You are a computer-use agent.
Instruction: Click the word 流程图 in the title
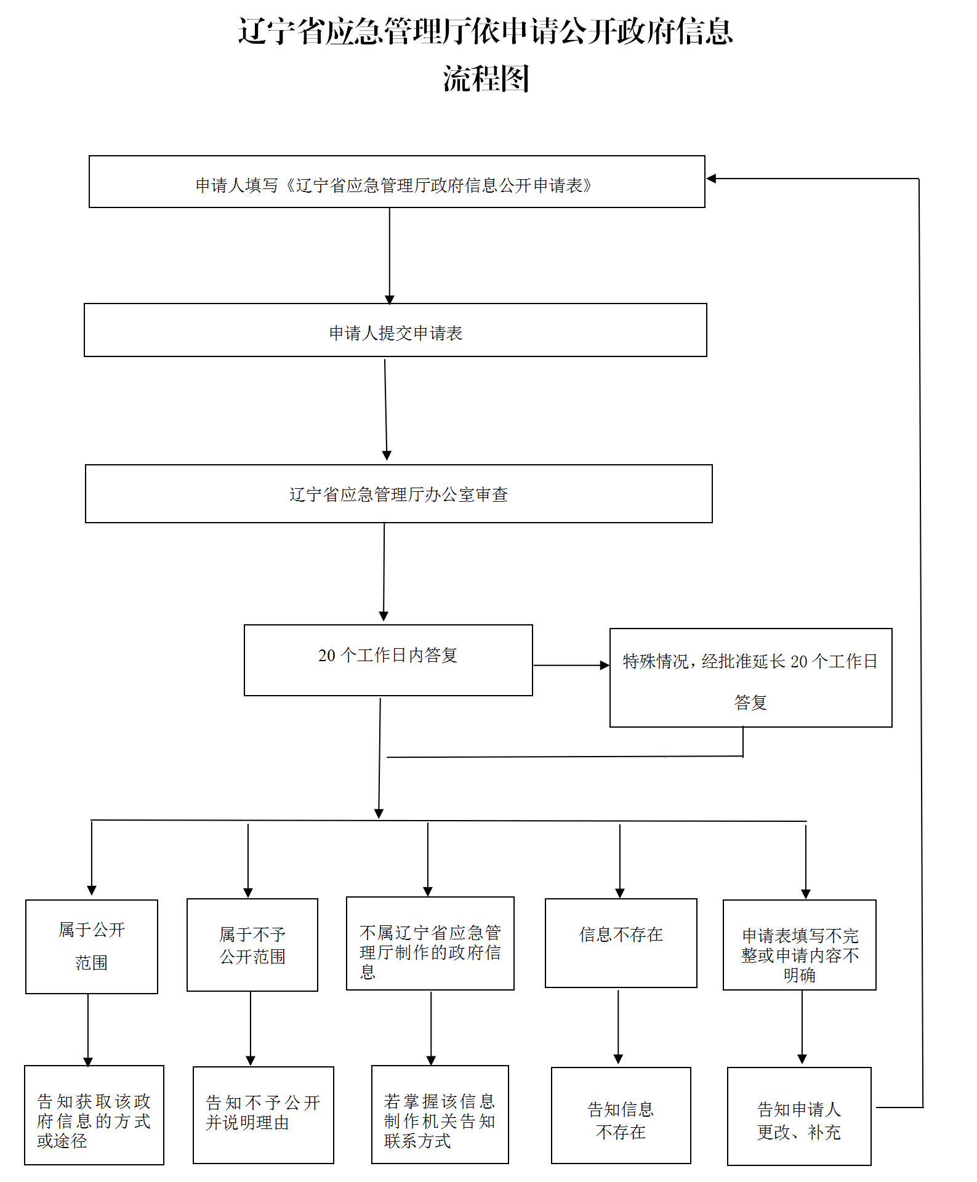[x=486, y=79]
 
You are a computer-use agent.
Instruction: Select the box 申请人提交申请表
[x=395, y=331]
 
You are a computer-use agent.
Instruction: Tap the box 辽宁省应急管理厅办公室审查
[x=398, y=494]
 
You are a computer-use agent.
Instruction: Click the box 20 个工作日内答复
[x=388, y=660]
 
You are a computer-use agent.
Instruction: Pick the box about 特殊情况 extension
[x=750, y=678]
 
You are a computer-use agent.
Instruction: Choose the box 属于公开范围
[x=92, y=946]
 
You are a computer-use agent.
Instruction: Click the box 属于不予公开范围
[x=252, y=945]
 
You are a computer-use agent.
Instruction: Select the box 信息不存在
[x=621, y=943]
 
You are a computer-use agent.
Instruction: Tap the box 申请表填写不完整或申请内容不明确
[x=799, y=945]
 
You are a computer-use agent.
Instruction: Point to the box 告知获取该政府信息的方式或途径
[x=94, y=1115]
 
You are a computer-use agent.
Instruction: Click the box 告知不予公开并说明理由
[x=263, y=1115]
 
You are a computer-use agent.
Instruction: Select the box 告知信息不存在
[x=621, y=1115]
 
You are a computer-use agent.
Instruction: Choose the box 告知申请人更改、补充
[x=799, y=1116]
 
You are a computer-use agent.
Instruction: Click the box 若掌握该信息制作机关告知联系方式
[x=440, y=1115]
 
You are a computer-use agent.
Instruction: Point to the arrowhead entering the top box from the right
[x=712, y=179]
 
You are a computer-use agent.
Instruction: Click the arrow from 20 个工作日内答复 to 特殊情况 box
[x=571, y=665]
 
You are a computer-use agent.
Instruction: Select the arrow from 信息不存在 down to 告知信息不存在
[x=618, y=1027]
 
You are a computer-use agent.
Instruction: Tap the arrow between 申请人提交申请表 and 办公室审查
[x=386, y=409]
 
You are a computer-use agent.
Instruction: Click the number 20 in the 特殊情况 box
[x=798, y=662]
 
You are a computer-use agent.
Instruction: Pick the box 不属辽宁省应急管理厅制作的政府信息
[x=430, y=943]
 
